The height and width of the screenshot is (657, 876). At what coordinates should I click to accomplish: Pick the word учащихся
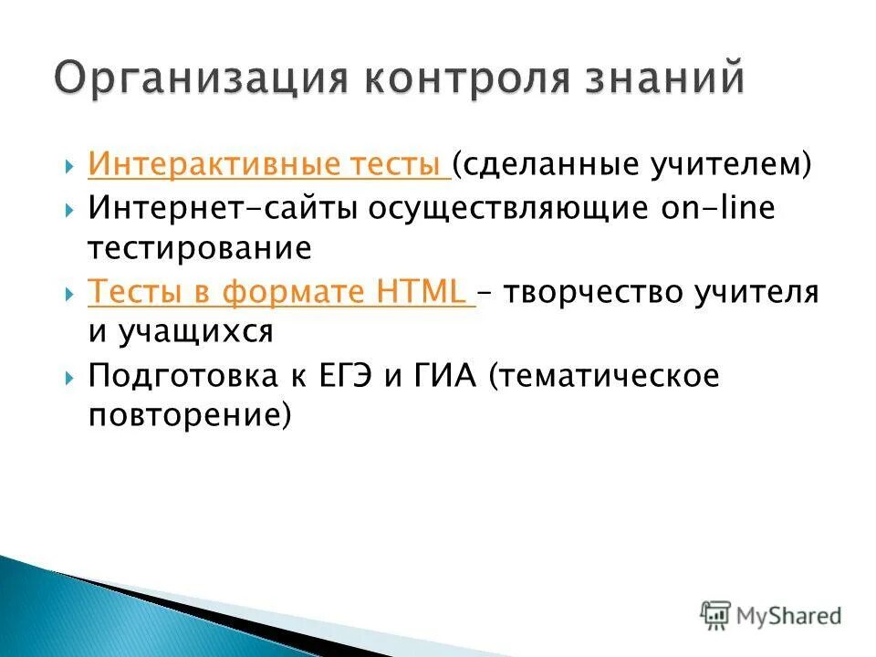[196, 331]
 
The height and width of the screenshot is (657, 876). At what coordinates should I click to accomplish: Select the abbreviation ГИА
[444, 376]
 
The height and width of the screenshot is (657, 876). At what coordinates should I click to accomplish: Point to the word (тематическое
[604, 376]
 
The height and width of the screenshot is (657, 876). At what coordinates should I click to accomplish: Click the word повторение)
[190, 416]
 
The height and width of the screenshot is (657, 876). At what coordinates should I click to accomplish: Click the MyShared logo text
[789, 616]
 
